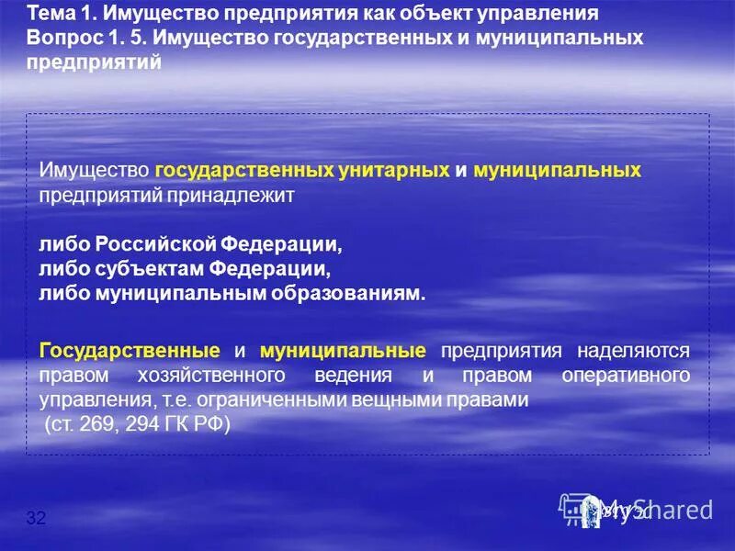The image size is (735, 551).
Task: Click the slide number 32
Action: coord(37,519)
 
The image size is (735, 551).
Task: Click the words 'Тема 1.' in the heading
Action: coord(62,16)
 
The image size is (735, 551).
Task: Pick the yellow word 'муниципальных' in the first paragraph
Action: coord(557,171)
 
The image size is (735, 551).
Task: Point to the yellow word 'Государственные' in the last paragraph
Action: coord(130,351)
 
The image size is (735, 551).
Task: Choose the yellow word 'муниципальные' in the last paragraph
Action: coord(343,351)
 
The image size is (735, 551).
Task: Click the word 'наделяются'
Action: coord(633,351)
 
